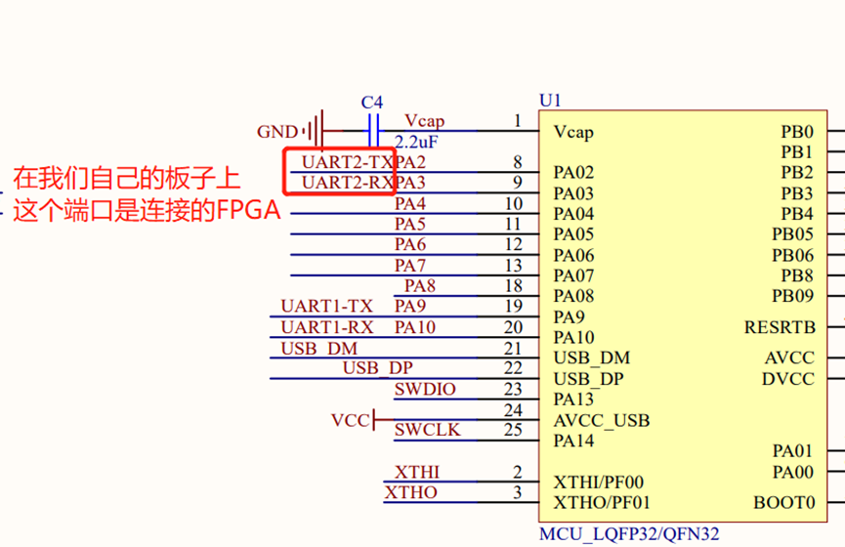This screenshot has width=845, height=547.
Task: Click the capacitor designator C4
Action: pyautogui.click(x=372, y=103)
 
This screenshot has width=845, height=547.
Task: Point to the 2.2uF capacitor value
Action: pyautogui.click(x=415, y=142)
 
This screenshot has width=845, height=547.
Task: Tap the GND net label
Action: pyautogui.click(x=277, y=132)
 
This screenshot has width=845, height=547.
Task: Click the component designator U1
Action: pyautogui.click(x=551, y=101)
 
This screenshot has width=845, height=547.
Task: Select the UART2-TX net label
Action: pyautogui.click(x=347, y=161)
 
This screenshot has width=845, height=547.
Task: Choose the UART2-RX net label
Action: pyautogui.click(x=347, y=183)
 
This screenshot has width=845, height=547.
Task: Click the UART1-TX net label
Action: pyautogui.click(x=326, y=307)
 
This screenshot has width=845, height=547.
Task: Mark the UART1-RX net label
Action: pyautogui.click(x=326, y=327)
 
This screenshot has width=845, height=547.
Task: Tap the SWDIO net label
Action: pyautogui.click(x=425, y=390)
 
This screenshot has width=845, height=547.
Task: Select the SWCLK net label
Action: pyautogui.click(x=427, y=430)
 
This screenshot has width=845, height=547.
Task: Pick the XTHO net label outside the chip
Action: pyautogui.click(x=411, y=492)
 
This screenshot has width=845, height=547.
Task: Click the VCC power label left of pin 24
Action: pyautogui.click(x=350, y=421)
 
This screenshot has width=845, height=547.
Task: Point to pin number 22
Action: pyautogui.click(x=513, y=368)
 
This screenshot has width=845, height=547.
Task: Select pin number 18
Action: pyautogui.click(x=513, y=286)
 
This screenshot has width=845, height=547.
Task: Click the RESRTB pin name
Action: pyautogui.click(x=780, y=327)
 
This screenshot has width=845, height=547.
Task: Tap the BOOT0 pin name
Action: pyautogui.click(x=783, y=503)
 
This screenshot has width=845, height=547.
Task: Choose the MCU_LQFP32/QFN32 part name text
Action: pyautogui.click(x=629, y=534)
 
